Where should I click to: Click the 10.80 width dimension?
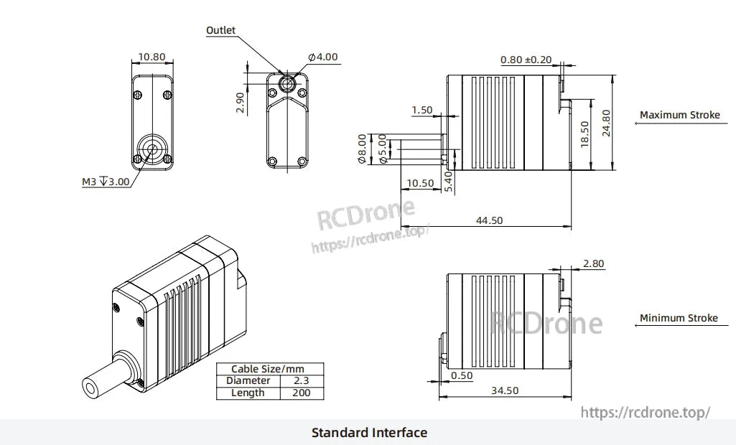pos(151,57)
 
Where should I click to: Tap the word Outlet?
pos(220,30)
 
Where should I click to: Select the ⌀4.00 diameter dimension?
pos(322,57)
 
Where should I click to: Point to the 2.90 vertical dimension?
pos(241,102)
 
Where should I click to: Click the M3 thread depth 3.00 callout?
pos(106,182)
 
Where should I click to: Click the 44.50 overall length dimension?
pos(489,220)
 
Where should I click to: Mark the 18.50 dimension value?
pos(584,134)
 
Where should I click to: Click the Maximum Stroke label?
pos(679,115)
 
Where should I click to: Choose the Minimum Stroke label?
pos(679,318)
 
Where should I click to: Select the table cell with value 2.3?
pos(302,381)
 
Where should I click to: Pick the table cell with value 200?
pos(302,393)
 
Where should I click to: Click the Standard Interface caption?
pos(369,433)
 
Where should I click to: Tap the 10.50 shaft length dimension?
pos(420,183)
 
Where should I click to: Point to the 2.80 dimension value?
pos(593,264)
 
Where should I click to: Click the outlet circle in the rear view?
pos(287,83)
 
